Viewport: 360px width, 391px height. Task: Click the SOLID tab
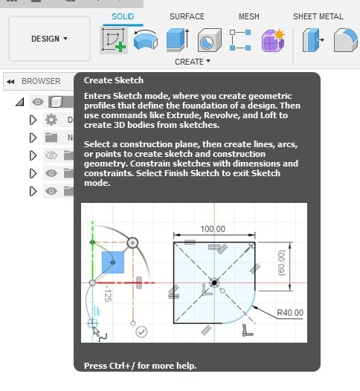coord(123,16)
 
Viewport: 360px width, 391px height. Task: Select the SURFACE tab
coord(187,16)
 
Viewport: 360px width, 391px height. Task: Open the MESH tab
coord(249,16)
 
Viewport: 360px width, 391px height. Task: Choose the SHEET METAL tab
coord(318,16)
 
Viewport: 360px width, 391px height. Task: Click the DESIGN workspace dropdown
coord(49,39)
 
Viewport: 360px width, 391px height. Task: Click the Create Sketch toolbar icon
coord(114,40)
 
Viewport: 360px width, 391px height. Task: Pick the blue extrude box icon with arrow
coord(178,40)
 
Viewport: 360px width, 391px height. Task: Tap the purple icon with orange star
coord(273,40)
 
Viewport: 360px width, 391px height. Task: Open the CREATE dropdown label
coord(193,62)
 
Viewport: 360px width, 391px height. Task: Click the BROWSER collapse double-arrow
coord(10,82)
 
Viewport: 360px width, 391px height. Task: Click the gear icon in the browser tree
coord(51,120)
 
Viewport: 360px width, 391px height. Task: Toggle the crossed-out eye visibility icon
coord(51,155)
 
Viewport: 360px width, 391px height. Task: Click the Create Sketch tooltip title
coord(114,80)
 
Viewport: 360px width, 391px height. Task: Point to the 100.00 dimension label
coord(213,229)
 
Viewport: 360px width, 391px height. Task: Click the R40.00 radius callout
coord(290,312)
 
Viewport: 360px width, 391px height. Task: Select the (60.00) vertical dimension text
coord(282,263)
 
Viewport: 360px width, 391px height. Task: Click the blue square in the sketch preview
coord(113,262)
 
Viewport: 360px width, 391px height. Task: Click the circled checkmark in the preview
coord(141,332)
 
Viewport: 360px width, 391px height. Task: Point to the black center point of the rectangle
coord(214,283)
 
